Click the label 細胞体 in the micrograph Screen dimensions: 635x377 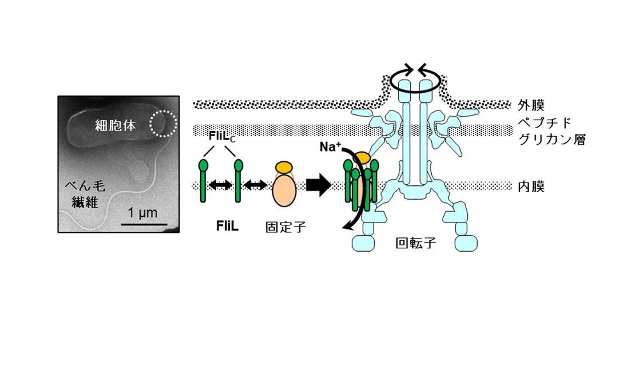(x=116, y=125)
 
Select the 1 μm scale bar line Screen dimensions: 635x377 (x=144, y=224)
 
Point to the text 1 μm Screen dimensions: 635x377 (x=142, y=213)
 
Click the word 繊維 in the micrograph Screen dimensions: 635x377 (x=85, y=201)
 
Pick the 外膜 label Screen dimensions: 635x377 (x=531, y=105)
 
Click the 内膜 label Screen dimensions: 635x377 (x=531, y=186)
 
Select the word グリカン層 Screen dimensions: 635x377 (x=552, y=140)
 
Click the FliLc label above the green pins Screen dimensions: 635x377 (x=222, y=137)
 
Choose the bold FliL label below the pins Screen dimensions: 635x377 (x=227, y=227)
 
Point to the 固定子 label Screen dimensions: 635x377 (x=285, y=227)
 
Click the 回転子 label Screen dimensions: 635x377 (x=415, y=243)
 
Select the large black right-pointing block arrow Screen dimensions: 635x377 (x=319, y=185)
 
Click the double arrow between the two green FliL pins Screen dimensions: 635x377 (x=221, y=185)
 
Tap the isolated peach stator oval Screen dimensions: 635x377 (x=284, y=189)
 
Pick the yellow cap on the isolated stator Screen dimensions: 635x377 (x=284, y=167)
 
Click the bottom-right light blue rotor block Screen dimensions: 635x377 (x=466, y=244)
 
